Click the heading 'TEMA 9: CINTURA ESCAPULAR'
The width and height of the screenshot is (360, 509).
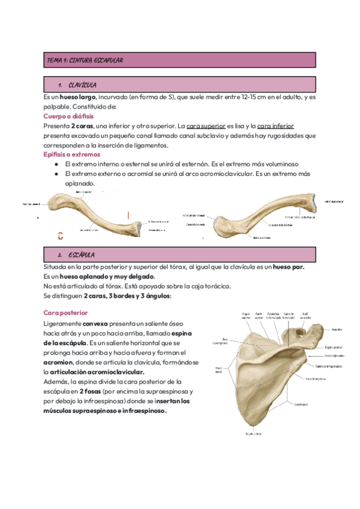tap(85, 61)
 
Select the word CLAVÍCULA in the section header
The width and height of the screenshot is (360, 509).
tap(83, 85)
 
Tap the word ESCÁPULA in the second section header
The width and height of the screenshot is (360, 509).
tap(82, 255)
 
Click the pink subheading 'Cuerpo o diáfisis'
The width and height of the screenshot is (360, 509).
tap(68, 116)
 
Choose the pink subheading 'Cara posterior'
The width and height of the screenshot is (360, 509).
tap(66, 313)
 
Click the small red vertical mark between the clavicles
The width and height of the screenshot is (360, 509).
tap(127, 214)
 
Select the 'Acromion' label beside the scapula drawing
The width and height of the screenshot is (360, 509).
tap(320, 329)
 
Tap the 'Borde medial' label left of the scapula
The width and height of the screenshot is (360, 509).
tap(218, 369)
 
